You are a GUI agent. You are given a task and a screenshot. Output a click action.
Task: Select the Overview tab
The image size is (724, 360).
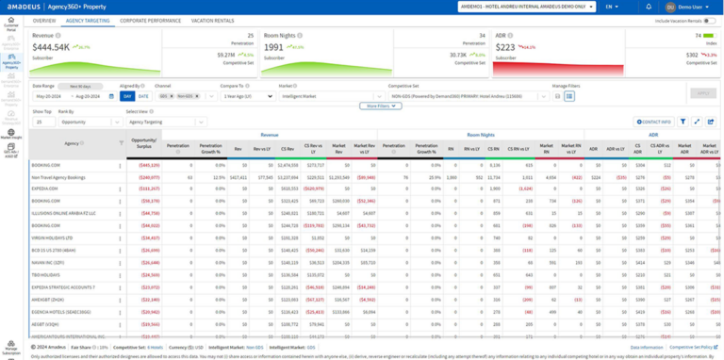[44, 20]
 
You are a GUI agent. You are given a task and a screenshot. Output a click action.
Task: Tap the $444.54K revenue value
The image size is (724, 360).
[51, 46]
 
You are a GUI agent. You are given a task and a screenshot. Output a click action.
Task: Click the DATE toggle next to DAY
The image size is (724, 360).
[142, 96]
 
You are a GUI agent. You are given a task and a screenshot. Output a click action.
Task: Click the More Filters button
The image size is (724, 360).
[383, 106]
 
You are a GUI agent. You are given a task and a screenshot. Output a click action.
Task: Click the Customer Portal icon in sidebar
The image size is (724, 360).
[11, 26]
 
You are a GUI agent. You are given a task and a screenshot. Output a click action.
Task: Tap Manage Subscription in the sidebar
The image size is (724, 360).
[11, 348]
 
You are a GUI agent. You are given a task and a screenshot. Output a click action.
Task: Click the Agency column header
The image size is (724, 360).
[72, 143]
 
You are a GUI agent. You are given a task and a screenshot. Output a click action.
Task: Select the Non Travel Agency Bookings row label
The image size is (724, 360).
[58, 176]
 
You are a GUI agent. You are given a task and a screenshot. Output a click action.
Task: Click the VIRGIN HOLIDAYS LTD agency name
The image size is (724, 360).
[52, 237]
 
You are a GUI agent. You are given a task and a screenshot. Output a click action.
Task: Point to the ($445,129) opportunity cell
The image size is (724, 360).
[148, 164]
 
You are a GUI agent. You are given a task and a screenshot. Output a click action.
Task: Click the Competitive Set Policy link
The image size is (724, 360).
[693, 348]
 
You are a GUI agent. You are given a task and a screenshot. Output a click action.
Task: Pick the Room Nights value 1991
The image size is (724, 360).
[274, 46]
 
